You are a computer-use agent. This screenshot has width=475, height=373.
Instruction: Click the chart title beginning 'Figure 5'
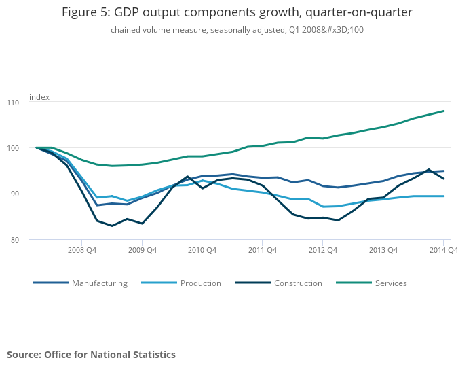click(x=237, y=12)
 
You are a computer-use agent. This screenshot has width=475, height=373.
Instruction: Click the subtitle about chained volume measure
click(x=237, y=30)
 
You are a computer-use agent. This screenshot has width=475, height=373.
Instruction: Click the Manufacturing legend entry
click(x=99, y=283)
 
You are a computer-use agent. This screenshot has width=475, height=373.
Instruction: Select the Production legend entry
click(x=200, y=283)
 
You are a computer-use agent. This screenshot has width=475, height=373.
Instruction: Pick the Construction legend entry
click(x=298, y=283)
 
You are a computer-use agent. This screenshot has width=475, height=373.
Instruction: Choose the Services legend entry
click(x=390, y=283)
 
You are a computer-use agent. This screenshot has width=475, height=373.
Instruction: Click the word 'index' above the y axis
click(x=39, y=97)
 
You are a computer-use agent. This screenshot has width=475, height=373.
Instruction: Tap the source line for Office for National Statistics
click(x=91, y=355)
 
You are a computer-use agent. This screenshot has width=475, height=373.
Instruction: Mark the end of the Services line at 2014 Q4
click(x=444, y=111)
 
